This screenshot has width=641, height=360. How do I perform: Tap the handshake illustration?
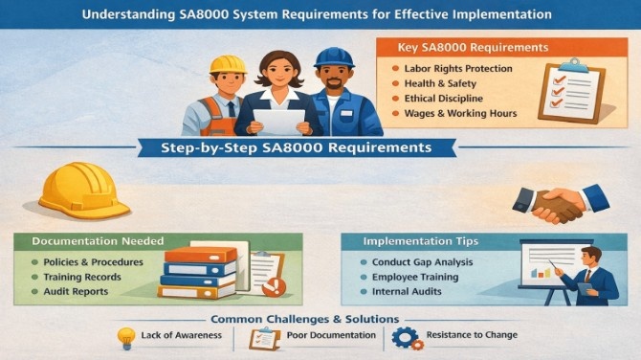pos(560,202)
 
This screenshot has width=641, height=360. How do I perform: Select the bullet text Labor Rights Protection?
pos(456,68)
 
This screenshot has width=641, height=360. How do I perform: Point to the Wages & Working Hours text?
pos(460,114)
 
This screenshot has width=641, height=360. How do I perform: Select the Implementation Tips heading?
pos(422,241)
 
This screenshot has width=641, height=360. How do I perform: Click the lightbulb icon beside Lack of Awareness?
pos(124,337)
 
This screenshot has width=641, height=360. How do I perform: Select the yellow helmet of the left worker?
pos(228,63)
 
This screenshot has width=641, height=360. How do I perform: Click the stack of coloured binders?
pos(200,272)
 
